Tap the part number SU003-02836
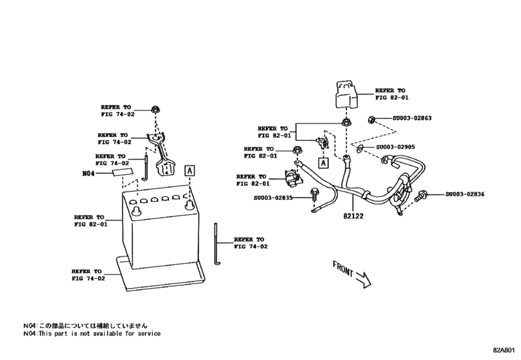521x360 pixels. pos(465,194)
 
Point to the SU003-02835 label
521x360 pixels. pos(272,197)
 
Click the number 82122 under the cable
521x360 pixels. pos(353,217)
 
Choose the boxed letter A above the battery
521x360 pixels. pos(190,170)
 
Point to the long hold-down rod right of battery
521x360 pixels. pos(217,244)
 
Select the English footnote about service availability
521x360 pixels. pos(92,334)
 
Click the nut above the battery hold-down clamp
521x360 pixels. pos(155,109)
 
